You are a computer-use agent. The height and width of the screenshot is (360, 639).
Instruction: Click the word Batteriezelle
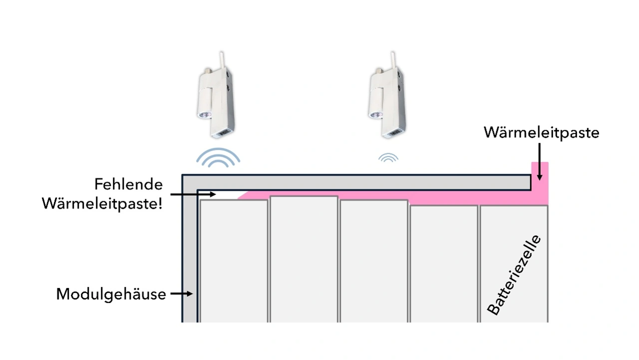[x=514, y=275]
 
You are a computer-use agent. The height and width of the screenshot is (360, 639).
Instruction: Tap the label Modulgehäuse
[x=111, y=294]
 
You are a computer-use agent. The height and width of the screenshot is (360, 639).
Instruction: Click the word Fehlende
[x=129, y=185]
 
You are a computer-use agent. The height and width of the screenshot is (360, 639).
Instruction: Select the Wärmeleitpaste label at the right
[x=541, y=133]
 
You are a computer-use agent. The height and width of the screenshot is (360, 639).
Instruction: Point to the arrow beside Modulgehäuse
[x=182, y=294]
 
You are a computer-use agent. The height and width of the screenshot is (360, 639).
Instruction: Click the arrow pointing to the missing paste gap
[x=192, y=194]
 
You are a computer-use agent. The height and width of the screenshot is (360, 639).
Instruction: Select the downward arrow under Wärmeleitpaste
[x=540, y=161]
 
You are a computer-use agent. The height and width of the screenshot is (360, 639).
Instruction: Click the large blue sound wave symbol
[x=218, y=158]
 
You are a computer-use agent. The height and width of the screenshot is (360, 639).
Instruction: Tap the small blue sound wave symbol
[x=388, y=158]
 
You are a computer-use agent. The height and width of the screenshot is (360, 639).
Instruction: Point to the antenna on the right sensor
[x=393, y=60]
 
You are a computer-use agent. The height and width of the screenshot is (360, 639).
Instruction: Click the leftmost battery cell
[x=234, y=260]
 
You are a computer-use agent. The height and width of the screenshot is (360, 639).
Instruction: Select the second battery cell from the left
[x=304, y=260]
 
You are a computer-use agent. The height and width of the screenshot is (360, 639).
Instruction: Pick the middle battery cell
[x=373, y=260]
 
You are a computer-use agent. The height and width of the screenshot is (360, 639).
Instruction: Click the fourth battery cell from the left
[x=443, y=262]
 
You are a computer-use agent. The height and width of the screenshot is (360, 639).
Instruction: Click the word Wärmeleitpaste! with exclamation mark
[x=102, y=203]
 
